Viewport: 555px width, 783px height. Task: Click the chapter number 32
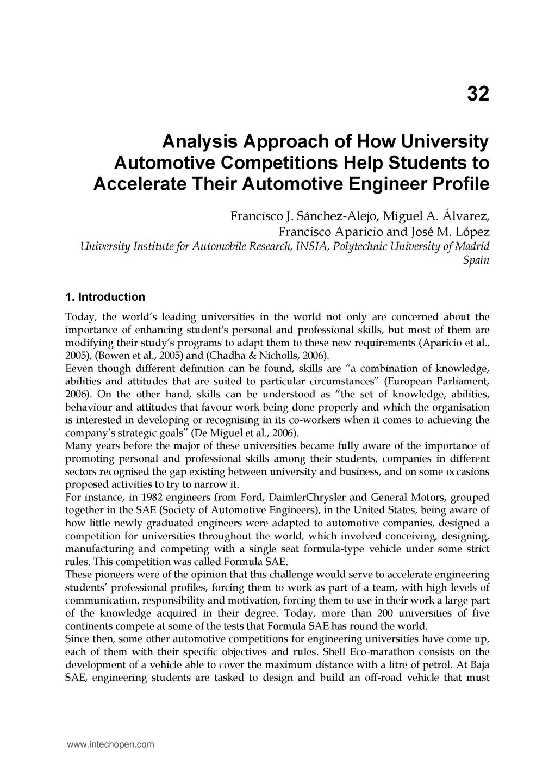coord(478,95)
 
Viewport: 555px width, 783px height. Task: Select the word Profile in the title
coord(460,184)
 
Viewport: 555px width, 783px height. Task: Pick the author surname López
coord(472,232)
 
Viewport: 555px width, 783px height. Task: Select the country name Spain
coord(476,260)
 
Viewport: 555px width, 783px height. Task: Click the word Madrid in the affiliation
coord(472,246)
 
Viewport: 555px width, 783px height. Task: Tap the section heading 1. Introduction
coord(105,297)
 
